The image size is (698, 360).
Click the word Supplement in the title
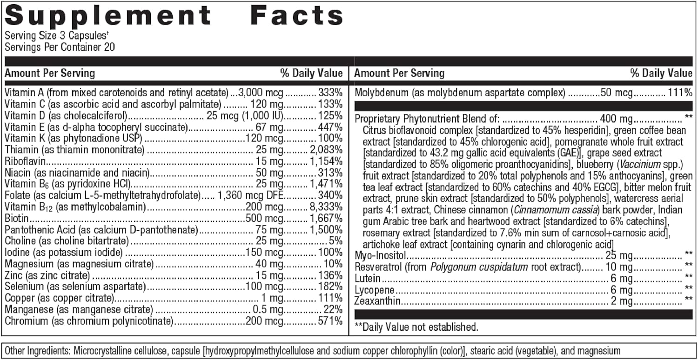pos(108,16)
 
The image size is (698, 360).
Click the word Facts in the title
pos(296,16)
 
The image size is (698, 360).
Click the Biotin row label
pos(17,218)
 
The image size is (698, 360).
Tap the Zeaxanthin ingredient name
pos(377,302)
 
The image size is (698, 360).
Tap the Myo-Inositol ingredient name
pos(381,255)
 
